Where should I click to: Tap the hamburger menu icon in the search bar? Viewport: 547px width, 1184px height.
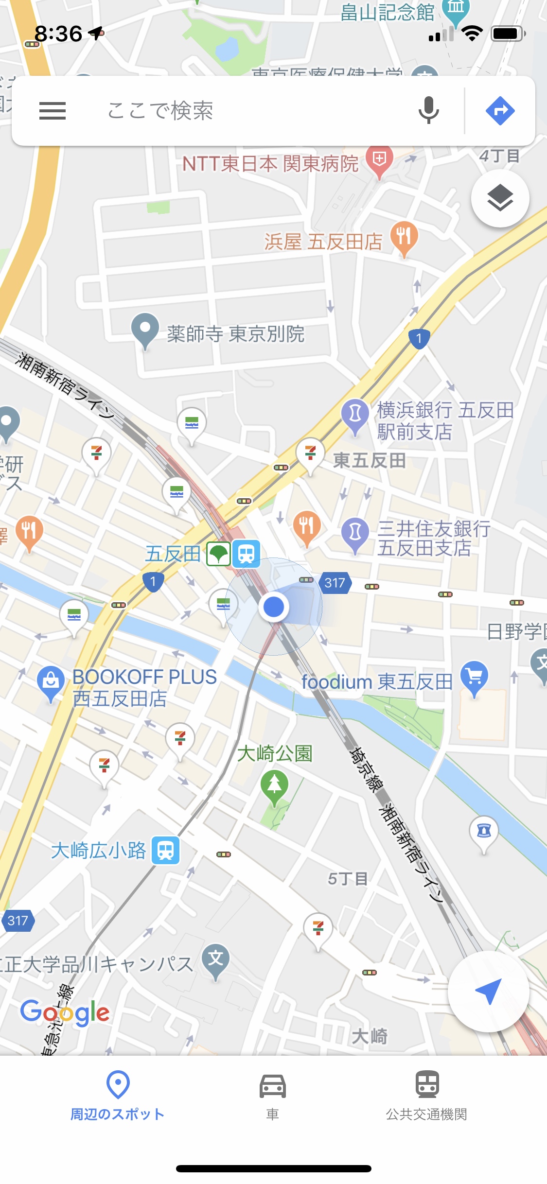pyautogui.click(x=53, y=111)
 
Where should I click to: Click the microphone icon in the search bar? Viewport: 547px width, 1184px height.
pyautogui.click(x=428, y=110)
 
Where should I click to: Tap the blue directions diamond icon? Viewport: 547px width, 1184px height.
pyautogui.click(x=500, y=111)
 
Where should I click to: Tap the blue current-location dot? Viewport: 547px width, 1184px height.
pyautogui.click(x=274, y=607)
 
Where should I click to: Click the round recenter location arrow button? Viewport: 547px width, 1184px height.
pyautogui.click(x=488, y=991)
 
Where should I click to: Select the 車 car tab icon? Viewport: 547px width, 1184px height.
pyautogui.click(x=273, y=1086)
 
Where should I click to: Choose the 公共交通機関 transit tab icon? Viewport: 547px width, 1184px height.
pyautogui.click(x=427, y=1084)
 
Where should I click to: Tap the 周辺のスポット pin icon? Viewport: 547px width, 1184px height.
pyautogui.click(x=118, y=1084)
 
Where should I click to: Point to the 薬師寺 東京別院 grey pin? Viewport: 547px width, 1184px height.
pyautogui.click(x=145, y=330)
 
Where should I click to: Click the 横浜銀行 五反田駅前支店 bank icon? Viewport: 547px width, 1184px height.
pyautogui.click(x=355, y=414)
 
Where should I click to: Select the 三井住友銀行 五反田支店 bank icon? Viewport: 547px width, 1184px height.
pyautogui.click(x=355, y=533)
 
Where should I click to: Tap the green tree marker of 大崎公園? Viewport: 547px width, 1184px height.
pyautogui.click(x=275, y=784)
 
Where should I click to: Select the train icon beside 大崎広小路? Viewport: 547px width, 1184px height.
pyautogui.click(x=166, y=851)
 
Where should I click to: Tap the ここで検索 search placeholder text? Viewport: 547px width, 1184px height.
pyautogui.click(x=160, y=111)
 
